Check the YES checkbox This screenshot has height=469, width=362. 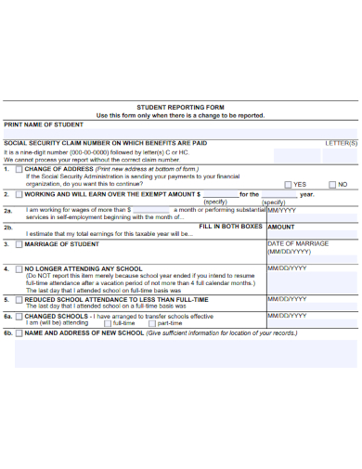coord(288,185)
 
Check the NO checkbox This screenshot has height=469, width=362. coord(331,185)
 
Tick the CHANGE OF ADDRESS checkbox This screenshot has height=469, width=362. coord(19,169)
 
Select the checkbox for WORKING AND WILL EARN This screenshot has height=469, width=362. coord(19,194)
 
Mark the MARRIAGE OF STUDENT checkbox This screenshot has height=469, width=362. coord(19,244)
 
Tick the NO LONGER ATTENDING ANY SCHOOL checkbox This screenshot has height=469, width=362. coord(19,268)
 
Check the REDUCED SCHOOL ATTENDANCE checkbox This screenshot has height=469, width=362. coord(19,300)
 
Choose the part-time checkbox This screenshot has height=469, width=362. coord(152,323)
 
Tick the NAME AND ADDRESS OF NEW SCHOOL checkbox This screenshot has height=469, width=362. coord(19,332)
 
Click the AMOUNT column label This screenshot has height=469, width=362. coord(281,227)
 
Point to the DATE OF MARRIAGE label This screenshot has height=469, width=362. coord(298,243)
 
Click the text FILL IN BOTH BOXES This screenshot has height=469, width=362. coord(231,226)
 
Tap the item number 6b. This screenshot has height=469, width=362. coord(7,332)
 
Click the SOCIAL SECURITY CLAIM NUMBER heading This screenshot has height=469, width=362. coord(105,143)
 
